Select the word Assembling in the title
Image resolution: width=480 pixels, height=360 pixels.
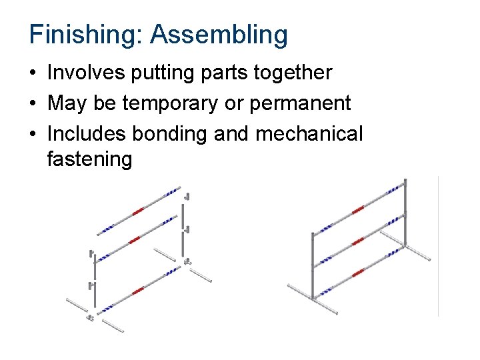(x=219, y=35)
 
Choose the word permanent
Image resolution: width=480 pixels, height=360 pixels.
(x=309, y=103)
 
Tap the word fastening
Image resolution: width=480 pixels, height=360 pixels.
(x=90, y=159)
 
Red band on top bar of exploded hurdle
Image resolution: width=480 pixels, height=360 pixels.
(x=138, y=211)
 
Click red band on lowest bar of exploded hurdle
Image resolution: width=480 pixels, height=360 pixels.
(x=138, y=290)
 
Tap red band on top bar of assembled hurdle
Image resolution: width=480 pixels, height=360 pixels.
(x=358, y=209)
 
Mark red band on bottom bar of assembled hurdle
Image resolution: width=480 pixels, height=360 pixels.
(x=358, y=272)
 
